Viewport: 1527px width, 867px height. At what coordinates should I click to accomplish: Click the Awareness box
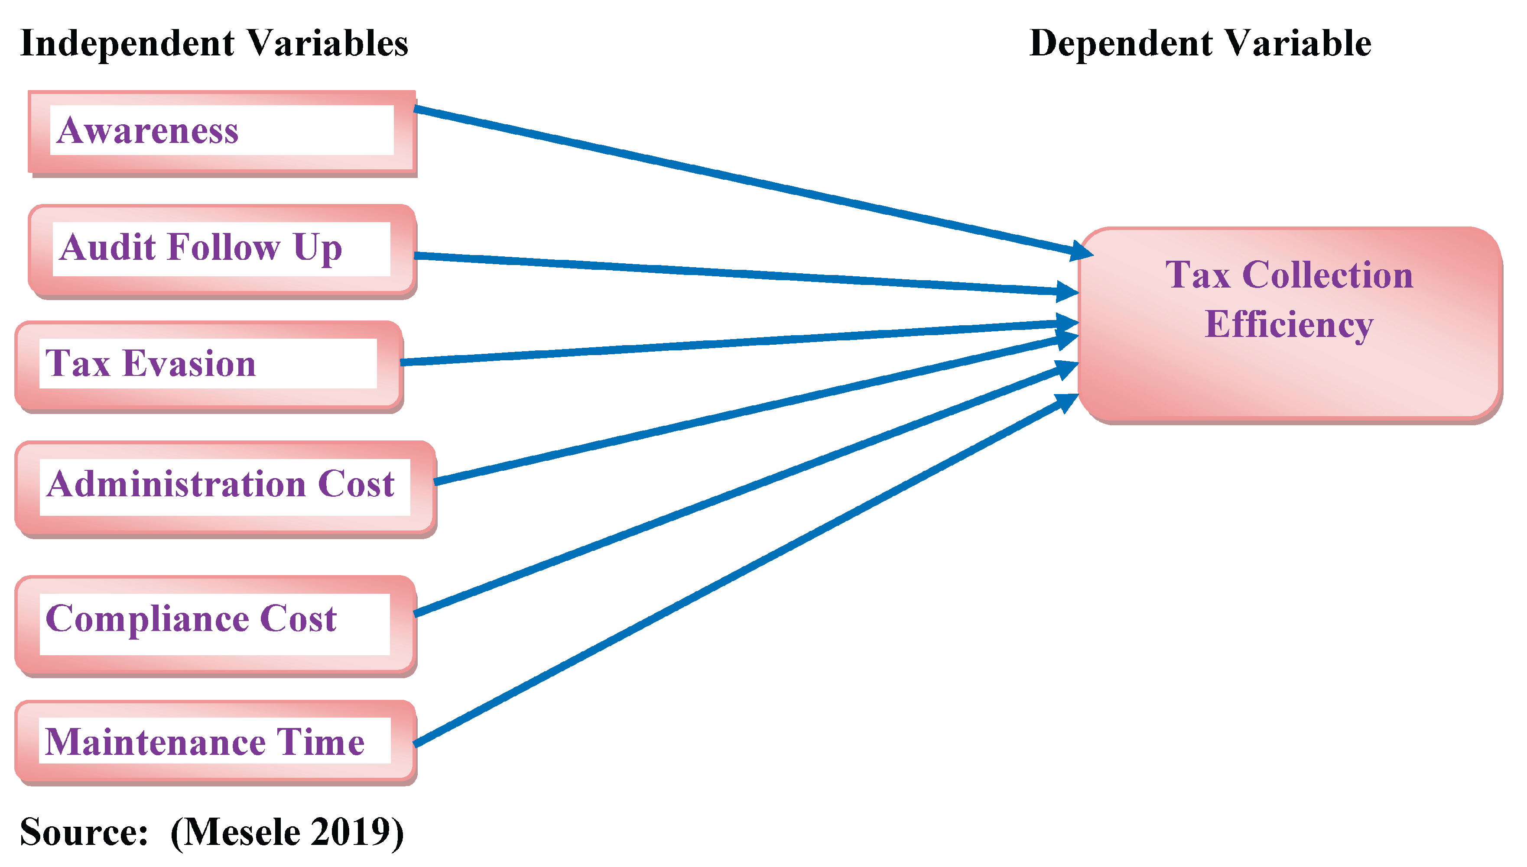coord(221,132)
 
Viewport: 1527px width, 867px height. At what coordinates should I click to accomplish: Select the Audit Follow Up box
coord(221,250)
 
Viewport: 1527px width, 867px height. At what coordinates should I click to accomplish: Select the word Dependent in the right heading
coord(1121,43)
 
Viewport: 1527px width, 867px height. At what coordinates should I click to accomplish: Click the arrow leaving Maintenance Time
coord(745,572)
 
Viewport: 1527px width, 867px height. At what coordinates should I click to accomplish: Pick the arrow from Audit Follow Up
coord(745,274)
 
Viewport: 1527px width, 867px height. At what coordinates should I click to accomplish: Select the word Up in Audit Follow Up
coord(318,248)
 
